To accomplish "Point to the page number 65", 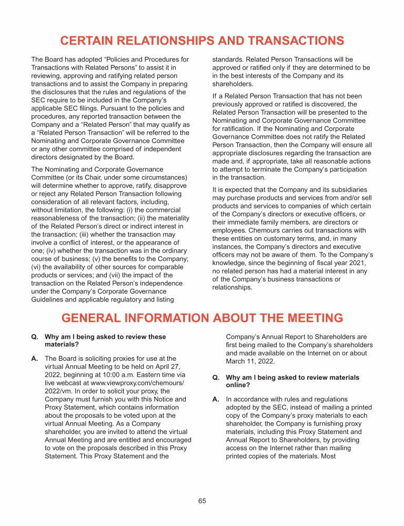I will [x=202, y=501].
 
